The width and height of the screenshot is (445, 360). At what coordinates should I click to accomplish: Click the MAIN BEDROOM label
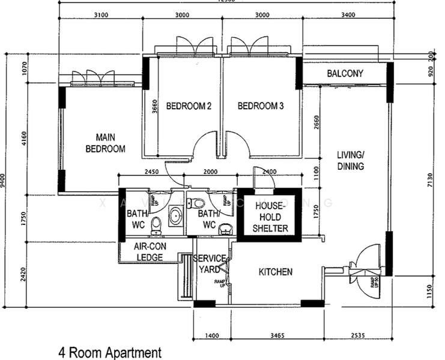click(x=105, y=143)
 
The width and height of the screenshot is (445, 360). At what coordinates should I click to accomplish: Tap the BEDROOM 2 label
click(x=188, y=107)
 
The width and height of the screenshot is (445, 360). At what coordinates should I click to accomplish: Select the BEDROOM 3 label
click(x=261, y=107)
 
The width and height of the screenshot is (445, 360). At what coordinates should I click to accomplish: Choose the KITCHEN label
click(x=275, y=272)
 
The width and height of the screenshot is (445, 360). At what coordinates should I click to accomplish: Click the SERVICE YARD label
click(x=210, y=264)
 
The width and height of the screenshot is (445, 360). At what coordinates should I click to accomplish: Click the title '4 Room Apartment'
click(x=110, y=352)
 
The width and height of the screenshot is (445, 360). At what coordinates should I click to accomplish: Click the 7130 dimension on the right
click(x=428, y=178)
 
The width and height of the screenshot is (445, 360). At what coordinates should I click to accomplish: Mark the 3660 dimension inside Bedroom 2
click(x=156, y=107)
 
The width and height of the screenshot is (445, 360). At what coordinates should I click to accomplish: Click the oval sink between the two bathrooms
click(x=175, y=216)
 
